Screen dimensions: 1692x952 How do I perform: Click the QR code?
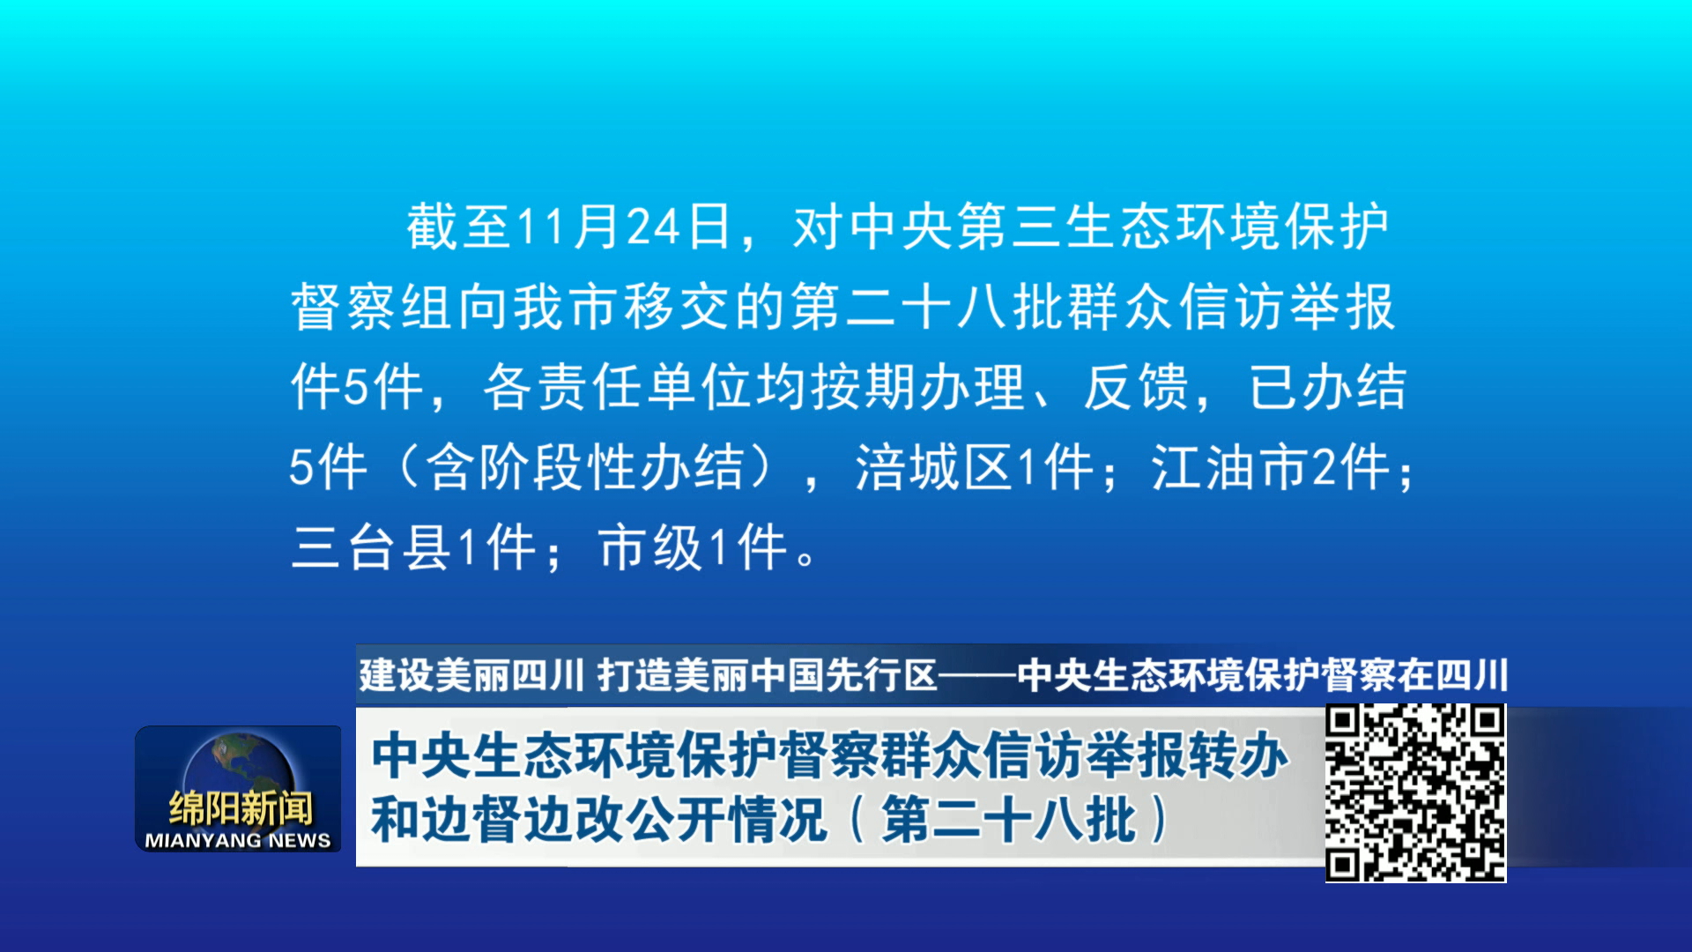(x=1416, y=792)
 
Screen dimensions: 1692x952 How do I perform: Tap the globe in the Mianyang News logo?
(x=239, y=772)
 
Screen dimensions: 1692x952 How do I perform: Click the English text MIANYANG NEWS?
(x=238, y=841)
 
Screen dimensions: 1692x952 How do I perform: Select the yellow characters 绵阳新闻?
(x=241, y=808)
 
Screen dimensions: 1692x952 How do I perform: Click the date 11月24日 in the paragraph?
(x=624, y=227)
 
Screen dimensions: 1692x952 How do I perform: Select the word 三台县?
(x=371, y=547)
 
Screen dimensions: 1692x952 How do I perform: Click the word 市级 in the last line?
(x=649, y=547)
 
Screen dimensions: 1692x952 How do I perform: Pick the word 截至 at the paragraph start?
(x=458, y=227)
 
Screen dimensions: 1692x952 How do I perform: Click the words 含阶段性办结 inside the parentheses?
(x=585, y=467)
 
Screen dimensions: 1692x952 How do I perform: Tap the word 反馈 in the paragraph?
(x=1137, y=387)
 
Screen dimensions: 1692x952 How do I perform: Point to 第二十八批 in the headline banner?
(x=1008, y=820)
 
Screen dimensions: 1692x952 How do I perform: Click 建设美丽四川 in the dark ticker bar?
(x=471, y=676)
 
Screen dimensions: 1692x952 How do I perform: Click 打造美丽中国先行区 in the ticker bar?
(x=768, y=676)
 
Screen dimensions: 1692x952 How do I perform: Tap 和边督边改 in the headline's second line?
(x=498, y=820)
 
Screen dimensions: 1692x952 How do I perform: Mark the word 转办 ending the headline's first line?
(x=1238, y=756)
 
